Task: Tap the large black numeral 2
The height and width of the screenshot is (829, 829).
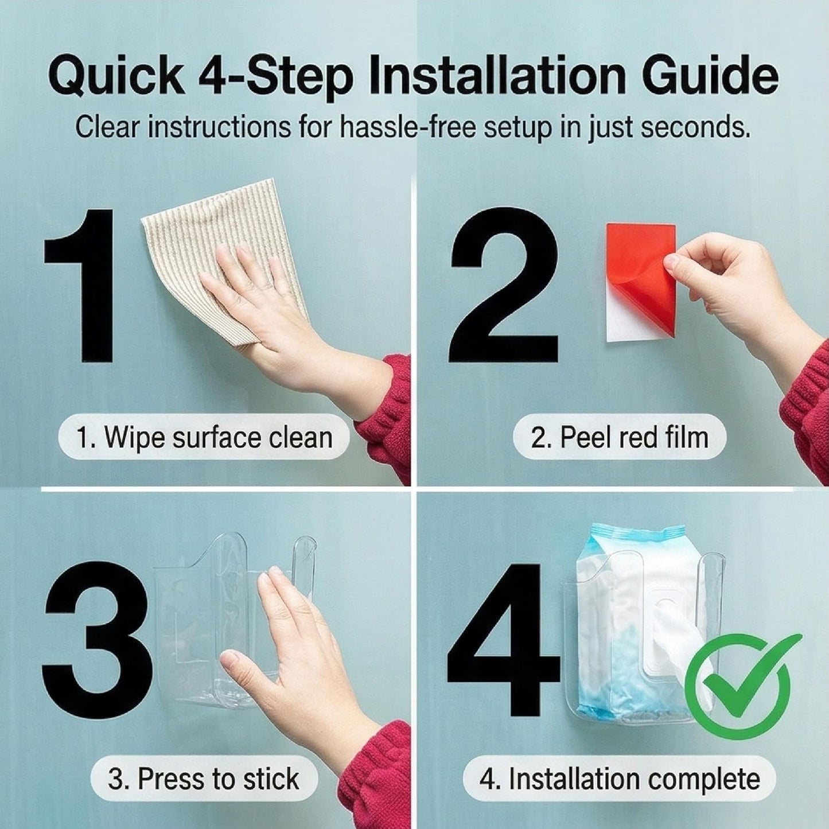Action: tap(504, 285)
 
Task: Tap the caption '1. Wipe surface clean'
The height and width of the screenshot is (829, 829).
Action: tap(204, 438)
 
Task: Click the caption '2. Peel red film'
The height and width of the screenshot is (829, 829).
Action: tap(620, 438)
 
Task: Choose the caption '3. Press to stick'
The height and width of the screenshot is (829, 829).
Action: tap(204, 779)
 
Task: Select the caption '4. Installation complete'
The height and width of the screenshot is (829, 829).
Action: tap(620, 779)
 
